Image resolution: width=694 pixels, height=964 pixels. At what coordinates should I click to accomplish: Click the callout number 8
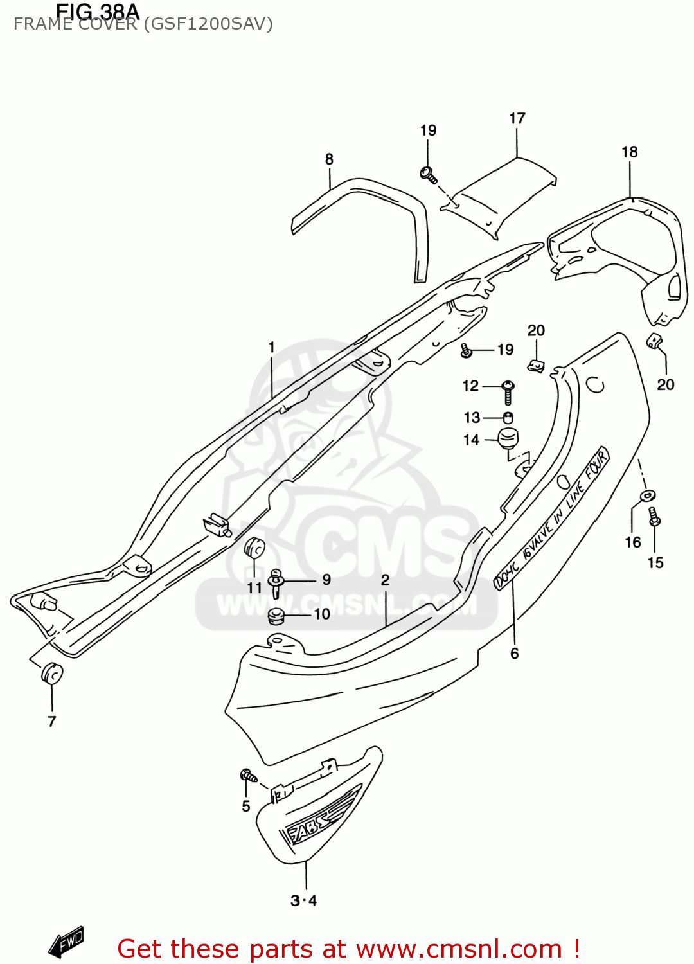329,159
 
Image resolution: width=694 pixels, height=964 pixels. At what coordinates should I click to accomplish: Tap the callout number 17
517,118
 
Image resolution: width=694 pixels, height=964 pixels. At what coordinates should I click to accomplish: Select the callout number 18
630,152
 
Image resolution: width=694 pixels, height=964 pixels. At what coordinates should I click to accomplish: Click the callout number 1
272,347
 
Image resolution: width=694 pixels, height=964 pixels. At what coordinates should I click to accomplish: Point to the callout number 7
52,721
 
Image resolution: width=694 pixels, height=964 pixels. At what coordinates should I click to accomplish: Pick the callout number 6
515,654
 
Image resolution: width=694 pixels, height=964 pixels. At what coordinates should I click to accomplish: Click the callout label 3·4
304,900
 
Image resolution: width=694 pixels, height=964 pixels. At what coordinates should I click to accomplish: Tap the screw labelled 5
248,776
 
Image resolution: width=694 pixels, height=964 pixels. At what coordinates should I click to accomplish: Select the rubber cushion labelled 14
508,438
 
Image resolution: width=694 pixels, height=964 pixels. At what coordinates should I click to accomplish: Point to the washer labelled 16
648,495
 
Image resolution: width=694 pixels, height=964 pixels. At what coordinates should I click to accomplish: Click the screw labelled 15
655,516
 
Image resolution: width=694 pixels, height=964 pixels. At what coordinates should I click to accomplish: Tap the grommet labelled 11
254,549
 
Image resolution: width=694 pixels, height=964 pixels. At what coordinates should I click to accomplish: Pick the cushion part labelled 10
276,616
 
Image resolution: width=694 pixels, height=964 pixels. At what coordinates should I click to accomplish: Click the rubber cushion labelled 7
52,674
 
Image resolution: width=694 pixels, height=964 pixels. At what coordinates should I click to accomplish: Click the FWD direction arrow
67,942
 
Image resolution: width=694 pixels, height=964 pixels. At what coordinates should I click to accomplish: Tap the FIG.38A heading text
97,11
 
